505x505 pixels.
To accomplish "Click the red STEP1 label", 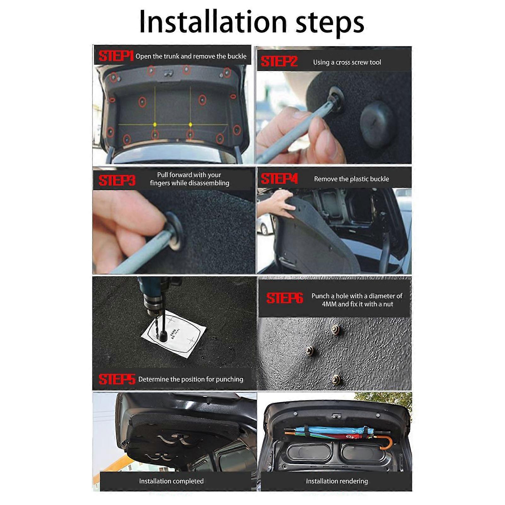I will pyautogui.click(x=115, y=56).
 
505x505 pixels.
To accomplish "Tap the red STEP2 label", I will pyautogui.click(x=279, y=62).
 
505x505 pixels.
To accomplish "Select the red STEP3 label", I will pyautogui.click(x=117, y=180).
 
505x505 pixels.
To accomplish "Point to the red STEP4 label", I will pyautogui.click(x=279, y=179).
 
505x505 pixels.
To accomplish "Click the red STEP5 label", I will pyautogui.click(x=116, y=379).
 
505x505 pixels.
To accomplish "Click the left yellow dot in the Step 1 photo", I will pyautogui.click(x=155, y=125).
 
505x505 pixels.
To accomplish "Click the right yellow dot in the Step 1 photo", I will pyautogui.click(x=190, y=125).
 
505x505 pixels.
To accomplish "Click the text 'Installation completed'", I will pyautogui.click(x=171, y=481).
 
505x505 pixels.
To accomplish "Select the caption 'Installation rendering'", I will pyautogui.click(x=337, y=481).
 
